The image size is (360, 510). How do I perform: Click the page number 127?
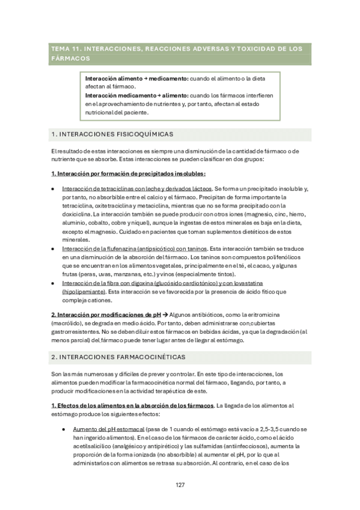pyautogui.click(x=180, y=485)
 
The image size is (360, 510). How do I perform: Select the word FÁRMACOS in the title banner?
pyautogui.click(x=70, y=58)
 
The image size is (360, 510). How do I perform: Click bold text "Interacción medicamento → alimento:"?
pyautogui.click(x=129, y=95)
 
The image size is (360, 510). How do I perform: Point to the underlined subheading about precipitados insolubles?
pyautogui.click(x=128, y=174)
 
